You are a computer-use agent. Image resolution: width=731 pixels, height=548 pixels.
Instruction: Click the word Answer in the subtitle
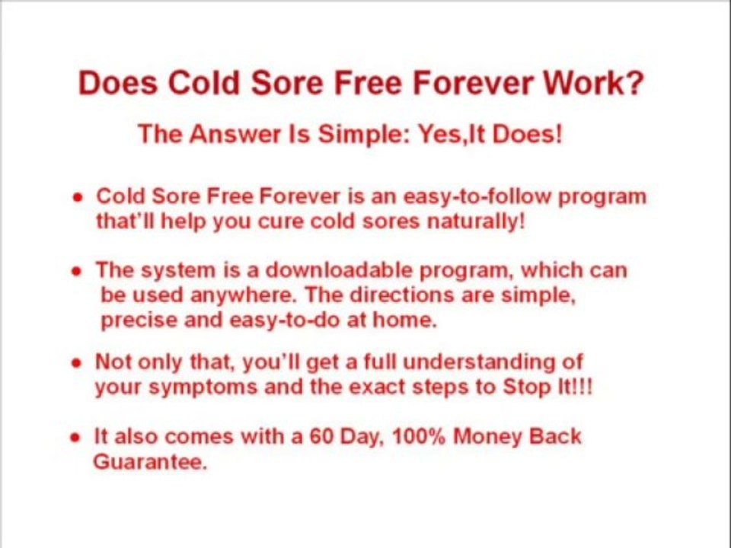tap(234, 135)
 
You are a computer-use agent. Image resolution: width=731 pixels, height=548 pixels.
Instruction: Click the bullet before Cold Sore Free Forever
tap(77, 197)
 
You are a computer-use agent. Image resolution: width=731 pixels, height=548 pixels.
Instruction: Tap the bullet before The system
tap(76, 271)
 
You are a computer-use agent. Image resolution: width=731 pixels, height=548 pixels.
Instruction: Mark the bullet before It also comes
tap(75, 438)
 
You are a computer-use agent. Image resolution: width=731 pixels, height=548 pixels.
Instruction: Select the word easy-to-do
tap(285, 320)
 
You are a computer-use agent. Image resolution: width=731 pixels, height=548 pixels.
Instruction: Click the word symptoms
tap(203, 387)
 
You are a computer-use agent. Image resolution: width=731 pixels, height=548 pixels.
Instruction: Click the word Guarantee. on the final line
tap(149, 462)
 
